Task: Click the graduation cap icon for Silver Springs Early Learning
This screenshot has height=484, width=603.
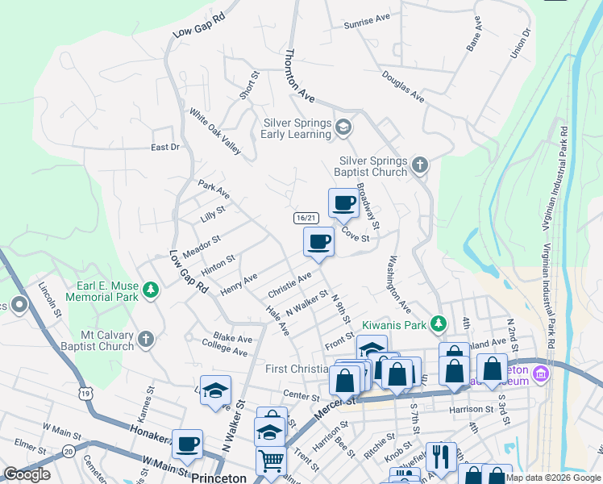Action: [343, 127]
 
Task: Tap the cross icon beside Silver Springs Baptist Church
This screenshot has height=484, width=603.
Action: [419, 165]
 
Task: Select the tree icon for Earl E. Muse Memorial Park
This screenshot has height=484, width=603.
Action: [150, 290]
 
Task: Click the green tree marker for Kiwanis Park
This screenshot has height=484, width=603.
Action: [438, 323]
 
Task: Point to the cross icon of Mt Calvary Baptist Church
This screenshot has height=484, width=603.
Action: [145, 340]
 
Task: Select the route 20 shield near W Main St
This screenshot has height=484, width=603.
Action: [68, 451]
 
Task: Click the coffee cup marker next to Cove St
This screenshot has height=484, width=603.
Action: [343, 203]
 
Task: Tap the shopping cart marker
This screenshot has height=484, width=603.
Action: [272, 461]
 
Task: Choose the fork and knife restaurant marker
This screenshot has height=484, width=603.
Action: [441, 457]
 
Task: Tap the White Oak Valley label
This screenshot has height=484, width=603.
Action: [215, 131]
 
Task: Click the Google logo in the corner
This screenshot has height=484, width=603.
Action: [27, 474]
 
